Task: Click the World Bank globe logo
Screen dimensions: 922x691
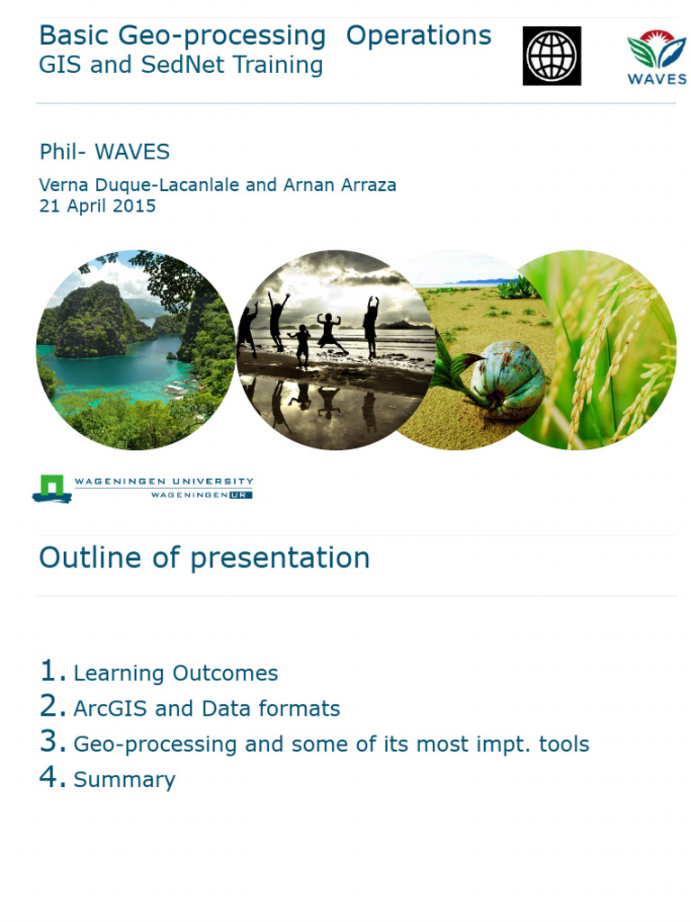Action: click(552, 56)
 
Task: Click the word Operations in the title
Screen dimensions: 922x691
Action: click(418, 36)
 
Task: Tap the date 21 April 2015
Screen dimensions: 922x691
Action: click(97, 206)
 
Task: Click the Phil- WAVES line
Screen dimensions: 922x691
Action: click(104, 152)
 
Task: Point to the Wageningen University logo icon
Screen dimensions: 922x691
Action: click(51, 488)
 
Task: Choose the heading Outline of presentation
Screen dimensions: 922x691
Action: click(204, 558)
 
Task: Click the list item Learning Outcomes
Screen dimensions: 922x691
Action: click(175, 673)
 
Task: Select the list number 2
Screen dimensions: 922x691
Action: click(52, 707)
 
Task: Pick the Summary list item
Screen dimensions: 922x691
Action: click(124, 780)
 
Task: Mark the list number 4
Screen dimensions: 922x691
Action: click(52, 778)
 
